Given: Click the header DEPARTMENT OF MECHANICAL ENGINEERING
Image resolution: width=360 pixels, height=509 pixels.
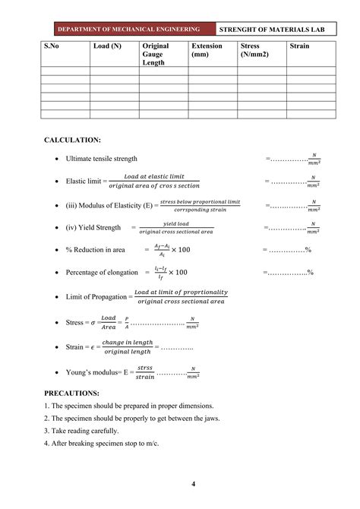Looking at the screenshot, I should click(x=130, y=30).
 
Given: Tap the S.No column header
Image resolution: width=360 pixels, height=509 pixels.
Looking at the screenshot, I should click(x=52, y=46).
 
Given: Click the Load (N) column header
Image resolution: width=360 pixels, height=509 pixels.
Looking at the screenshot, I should click(x=106, y=46).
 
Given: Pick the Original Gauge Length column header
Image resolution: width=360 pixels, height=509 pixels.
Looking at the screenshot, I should click(x=156, y=54).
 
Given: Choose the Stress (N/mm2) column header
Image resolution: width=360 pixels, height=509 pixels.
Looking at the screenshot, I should click(x=254, y=50).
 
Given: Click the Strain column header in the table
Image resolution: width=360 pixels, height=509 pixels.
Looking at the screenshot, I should click(x=300, y=46).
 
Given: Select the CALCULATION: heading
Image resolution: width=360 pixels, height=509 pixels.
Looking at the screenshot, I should click(x=73, y=141).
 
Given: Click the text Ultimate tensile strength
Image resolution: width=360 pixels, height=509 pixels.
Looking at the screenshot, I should click(x=102, y=159).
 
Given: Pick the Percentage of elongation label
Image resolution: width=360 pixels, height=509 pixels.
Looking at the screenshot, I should click(x=103, y=272).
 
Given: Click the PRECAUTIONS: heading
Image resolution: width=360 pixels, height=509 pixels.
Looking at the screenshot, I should click(x=72, y=393).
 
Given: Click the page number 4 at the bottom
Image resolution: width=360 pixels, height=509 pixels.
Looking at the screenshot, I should click(x=194, y=485).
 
